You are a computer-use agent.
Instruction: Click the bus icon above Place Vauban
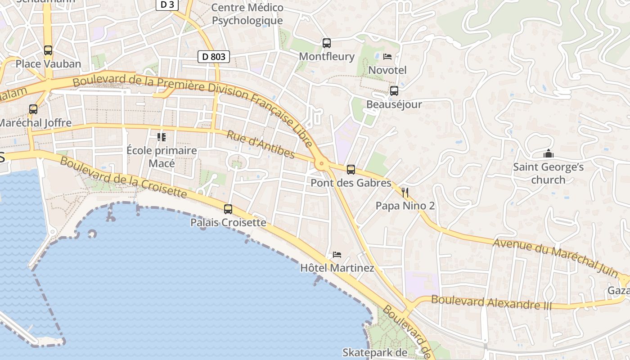click(x=48, y=50)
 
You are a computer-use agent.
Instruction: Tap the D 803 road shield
click(x=213, y=57)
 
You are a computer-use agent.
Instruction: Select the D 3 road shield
click(x=167, y=4)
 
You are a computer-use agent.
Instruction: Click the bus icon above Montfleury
click(x=327, y=43)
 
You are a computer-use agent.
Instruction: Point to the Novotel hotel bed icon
click(x=387, y=57)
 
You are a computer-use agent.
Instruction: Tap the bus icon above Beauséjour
click(x=394, y=91)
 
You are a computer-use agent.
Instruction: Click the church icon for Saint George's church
click(x=548, y=154)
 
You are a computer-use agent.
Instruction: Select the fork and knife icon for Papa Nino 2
click(x=405, y=193)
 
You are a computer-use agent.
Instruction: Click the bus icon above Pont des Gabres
click(x=351, y=170)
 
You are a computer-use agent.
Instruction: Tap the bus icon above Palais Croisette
click(x=228, y=209)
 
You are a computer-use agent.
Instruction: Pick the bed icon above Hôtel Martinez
click(x=337, y=255)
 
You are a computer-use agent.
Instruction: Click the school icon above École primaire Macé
click(x=162, y=137)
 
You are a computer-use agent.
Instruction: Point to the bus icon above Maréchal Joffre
click(x=33, y=109)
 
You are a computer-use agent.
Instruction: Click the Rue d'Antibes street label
click(x=261, y=145)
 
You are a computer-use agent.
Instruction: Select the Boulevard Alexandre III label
click(x=491, y=302)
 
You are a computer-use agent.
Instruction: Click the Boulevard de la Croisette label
click(x=123, y=177)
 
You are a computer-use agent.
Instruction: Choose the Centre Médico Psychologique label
click(x=247, y=14)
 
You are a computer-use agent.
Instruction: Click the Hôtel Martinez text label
click(x=337, y=268)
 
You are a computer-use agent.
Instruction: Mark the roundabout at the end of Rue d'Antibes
click(x=321, y=164)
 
